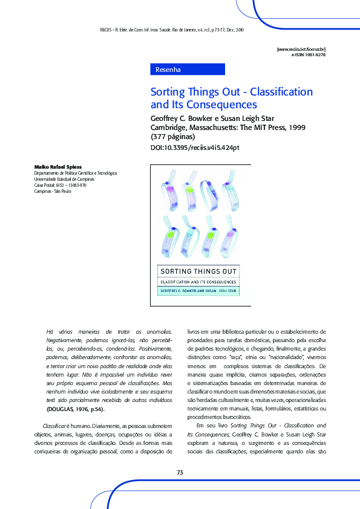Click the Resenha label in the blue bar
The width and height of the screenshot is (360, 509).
(168, 70)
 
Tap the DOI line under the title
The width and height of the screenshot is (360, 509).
(195, 148)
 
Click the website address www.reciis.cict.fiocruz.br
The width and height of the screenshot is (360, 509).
(301, 48)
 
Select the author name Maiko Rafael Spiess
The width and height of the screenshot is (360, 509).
(58, 166)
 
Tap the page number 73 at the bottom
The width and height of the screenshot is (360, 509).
(180, 472)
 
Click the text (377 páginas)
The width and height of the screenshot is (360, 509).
(173, 137)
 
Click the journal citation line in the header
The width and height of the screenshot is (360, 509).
(171, 29)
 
